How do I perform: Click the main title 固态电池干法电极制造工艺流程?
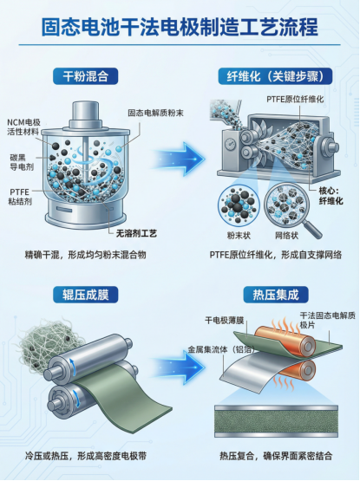(x=180, y=27)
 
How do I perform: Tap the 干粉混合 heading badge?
(x=86, y=76)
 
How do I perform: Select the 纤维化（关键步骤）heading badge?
(x=275, y=76)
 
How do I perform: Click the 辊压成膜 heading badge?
(x=86, y=295)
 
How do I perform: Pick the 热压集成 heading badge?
(x=276, y=295)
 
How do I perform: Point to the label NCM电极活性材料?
(x=24, y=127)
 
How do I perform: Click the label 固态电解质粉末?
(x=156, y=113)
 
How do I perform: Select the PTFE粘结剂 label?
(x=20, y=197)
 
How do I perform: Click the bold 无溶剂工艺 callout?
(x=136, y=233)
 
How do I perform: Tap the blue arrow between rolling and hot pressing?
(x=178, y=367)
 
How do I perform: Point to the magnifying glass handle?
(x=311, y=230)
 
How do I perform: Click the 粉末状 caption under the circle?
(x=239, y=236)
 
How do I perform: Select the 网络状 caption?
(x=286, y=236)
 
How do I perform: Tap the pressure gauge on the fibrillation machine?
(x=230, y=145)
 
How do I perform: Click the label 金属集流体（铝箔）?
(x=221, y=349)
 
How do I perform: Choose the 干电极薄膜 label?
(x=225, y=321)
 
